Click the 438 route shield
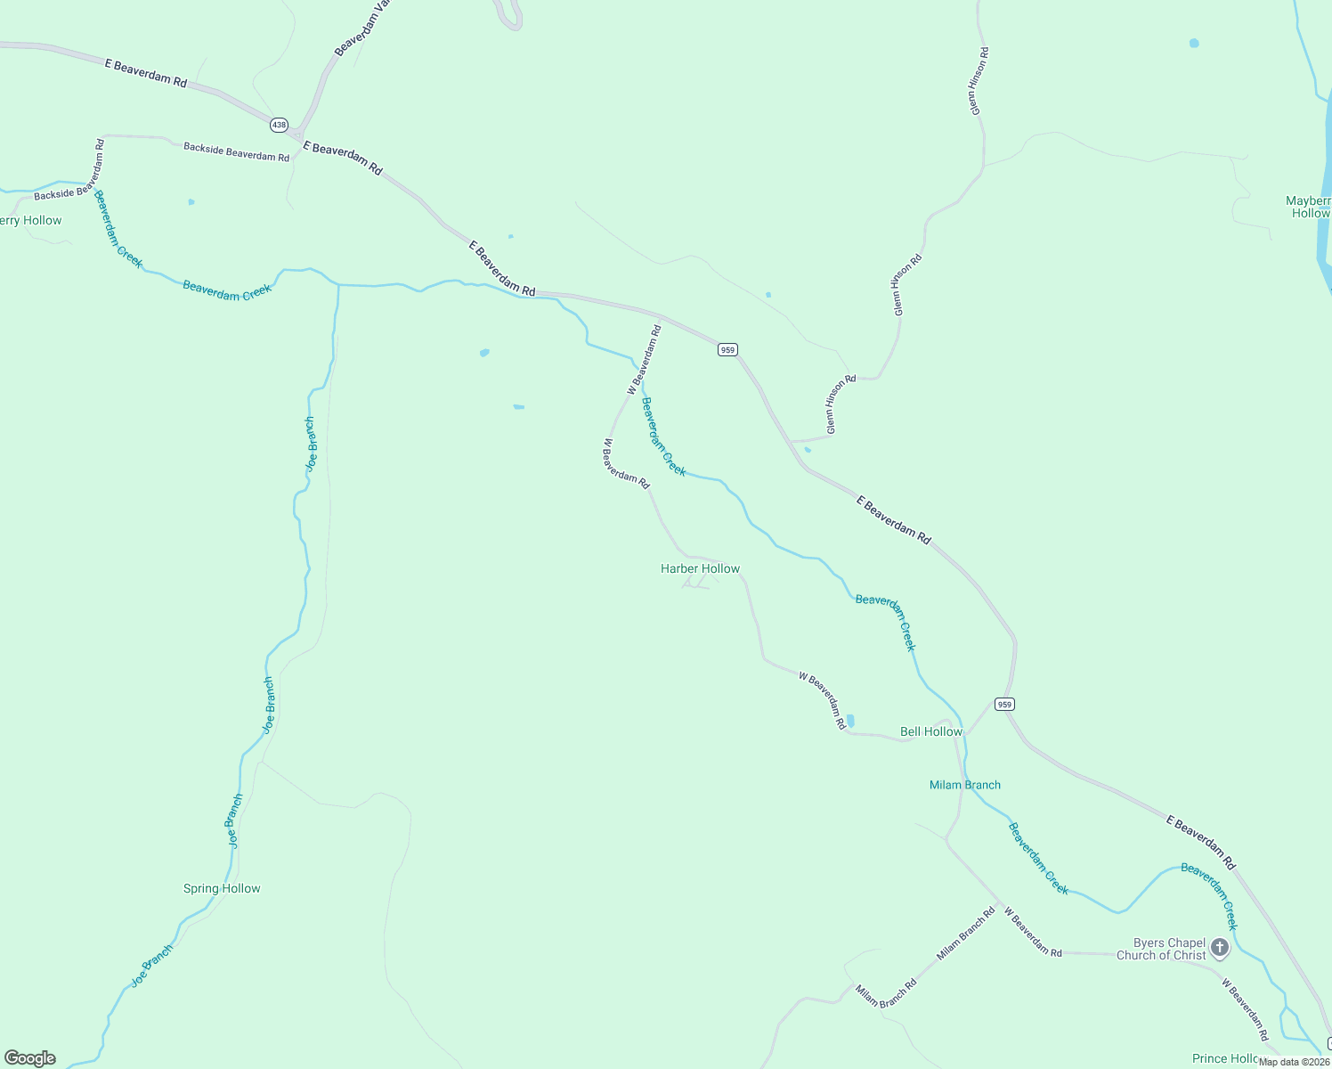(279, 125)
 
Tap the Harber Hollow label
(700, 568)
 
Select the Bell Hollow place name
(930, 731)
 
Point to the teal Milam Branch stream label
(964, 785)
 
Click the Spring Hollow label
(222, 888)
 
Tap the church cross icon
(1220, 947)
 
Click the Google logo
(30, 1058)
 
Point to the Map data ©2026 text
(1294, 1062)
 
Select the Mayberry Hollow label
(1308, 207)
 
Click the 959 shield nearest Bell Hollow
(1004, 704)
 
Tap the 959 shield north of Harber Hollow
(727, 350)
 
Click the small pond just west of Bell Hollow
(850, 721)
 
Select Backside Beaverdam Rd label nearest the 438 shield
(236, 151)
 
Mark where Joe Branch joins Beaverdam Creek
(338, 285)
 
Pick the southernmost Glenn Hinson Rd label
(841, 404)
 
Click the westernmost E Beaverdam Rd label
(146, 72)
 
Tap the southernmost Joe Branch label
(152, 967)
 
